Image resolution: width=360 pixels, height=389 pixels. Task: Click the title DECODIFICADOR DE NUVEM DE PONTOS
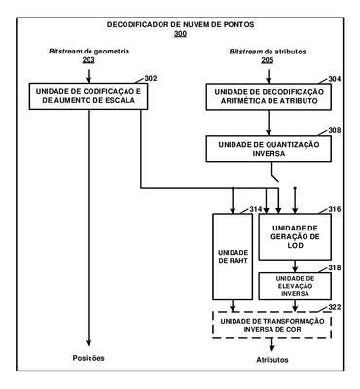pos(181,24)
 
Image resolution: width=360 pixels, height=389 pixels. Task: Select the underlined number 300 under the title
pos(180,33)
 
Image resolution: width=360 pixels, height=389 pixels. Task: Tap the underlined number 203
pos(89,60)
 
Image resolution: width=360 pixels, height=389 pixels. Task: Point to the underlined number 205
pos(268,60)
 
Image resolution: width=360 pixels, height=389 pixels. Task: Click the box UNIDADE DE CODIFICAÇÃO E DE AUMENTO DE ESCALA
pos(89,96)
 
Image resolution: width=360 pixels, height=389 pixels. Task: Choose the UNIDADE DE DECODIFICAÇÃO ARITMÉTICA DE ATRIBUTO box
pos(269,96)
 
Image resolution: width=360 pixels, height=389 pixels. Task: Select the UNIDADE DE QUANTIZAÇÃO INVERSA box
pos(269,149)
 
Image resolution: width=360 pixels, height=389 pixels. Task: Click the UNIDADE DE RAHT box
pos(233,256)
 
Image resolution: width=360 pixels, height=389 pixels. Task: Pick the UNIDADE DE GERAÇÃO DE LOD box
pos(295,236)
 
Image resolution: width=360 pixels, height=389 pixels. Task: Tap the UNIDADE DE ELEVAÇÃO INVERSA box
pos(295,286)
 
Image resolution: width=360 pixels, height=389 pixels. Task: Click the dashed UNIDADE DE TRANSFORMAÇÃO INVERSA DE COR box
pos(271,325)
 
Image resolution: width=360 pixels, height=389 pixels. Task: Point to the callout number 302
pos(151,79)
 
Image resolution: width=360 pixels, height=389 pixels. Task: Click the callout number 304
pos(335,79)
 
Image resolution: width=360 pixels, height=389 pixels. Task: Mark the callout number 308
pos(335,130)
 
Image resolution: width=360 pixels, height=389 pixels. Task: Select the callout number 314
pos(256,209)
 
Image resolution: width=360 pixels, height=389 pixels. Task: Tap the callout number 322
pos(335,307)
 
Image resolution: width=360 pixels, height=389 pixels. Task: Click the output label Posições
pos(89,358)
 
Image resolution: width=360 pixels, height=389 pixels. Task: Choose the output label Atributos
pos(272,360)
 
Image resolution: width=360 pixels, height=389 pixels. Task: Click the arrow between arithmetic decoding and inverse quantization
pos(269,123)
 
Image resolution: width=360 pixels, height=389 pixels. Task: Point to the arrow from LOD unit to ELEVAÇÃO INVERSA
pos(295,266)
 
